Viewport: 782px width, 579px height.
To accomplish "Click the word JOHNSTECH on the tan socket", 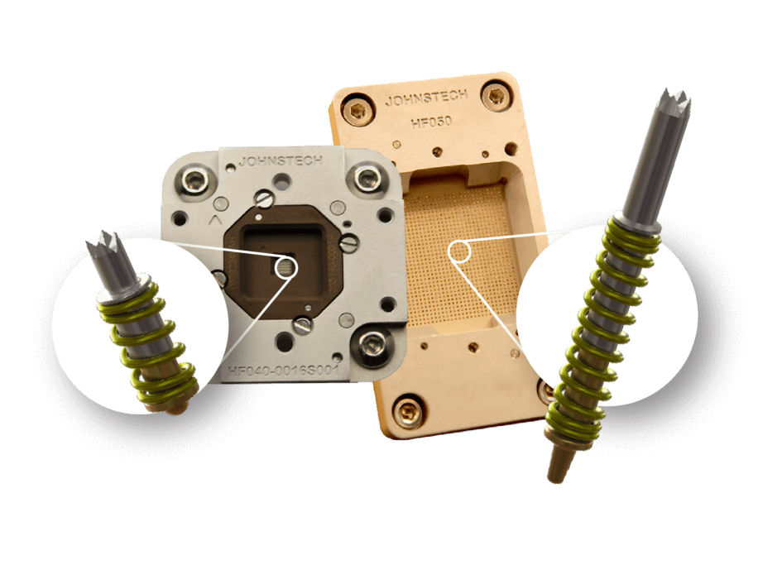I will pos(425,100).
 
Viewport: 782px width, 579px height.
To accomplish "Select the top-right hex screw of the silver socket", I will pos(367,175).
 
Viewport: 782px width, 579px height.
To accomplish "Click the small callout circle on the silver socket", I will pos(287,266).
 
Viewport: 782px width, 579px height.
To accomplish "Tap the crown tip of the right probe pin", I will pos(678,109).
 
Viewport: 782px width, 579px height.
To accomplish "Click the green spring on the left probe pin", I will pos(149,347).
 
